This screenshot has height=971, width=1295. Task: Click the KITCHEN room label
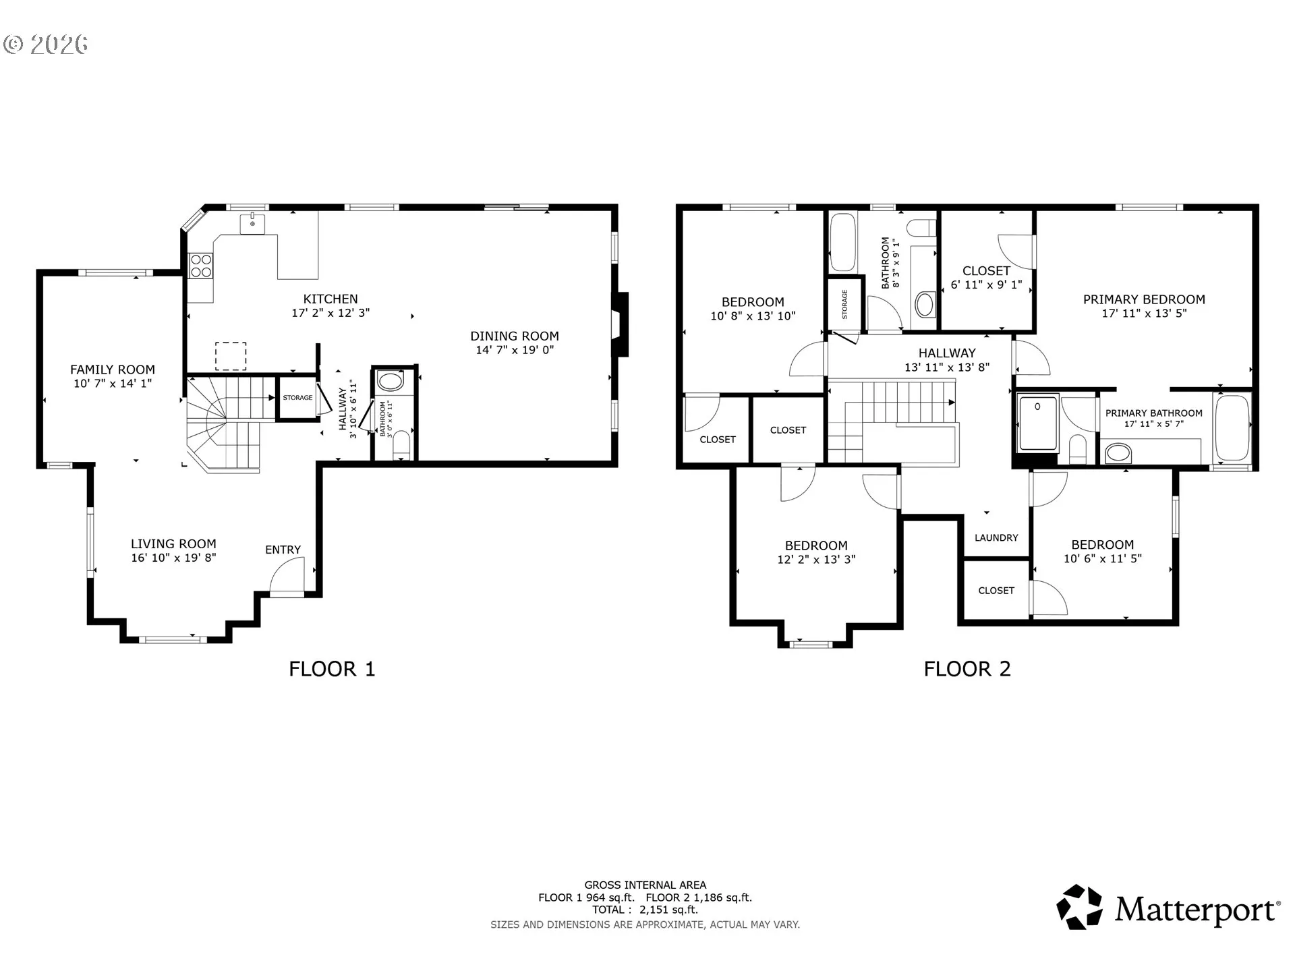(330, 299)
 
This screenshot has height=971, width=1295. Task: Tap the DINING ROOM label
(515, 336)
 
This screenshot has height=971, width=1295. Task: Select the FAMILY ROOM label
(113, 370)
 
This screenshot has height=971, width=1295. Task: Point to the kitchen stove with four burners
(201, 265)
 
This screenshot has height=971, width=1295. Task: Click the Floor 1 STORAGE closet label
(297, 398)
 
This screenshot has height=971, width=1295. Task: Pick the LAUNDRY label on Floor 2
(996, 537)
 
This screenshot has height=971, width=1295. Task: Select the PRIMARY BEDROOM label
(1144, 299)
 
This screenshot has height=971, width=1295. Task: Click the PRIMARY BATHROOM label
(1154, 413)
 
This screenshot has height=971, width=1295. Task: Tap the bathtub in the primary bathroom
(1232, 428)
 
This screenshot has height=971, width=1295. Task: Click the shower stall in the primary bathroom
(1038, 423)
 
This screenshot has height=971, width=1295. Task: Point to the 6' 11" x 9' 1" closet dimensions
(987, 285)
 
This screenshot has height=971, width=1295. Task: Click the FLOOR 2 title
(967, 669)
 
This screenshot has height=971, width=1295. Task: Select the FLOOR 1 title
(332, 669)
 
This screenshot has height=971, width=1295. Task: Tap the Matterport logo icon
(1079, 907)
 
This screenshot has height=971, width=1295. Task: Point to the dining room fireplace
(620, 324)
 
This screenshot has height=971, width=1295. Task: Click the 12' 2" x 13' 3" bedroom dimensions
(816, 559)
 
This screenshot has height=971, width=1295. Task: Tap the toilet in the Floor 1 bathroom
(401, 446)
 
